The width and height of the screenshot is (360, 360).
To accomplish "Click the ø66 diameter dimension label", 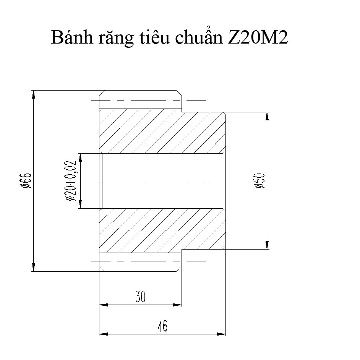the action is coord(26,181).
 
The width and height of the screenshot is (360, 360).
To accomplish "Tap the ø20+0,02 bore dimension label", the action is coord(71,181).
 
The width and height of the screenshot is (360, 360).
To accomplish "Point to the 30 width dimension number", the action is coord(141,297).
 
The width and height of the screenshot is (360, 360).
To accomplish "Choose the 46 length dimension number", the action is coord(162,326).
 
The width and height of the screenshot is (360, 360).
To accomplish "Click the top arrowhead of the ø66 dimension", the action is coord(34,94).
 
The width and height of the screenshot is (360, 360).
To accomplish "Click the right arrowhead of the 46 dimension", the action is coord(222,334).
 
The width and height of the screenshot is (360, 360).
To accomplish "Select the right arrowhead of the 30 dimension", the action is coord(177,305).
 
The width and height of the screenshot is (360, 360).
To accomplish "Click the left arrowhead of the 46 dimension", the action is coord(103,334).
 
